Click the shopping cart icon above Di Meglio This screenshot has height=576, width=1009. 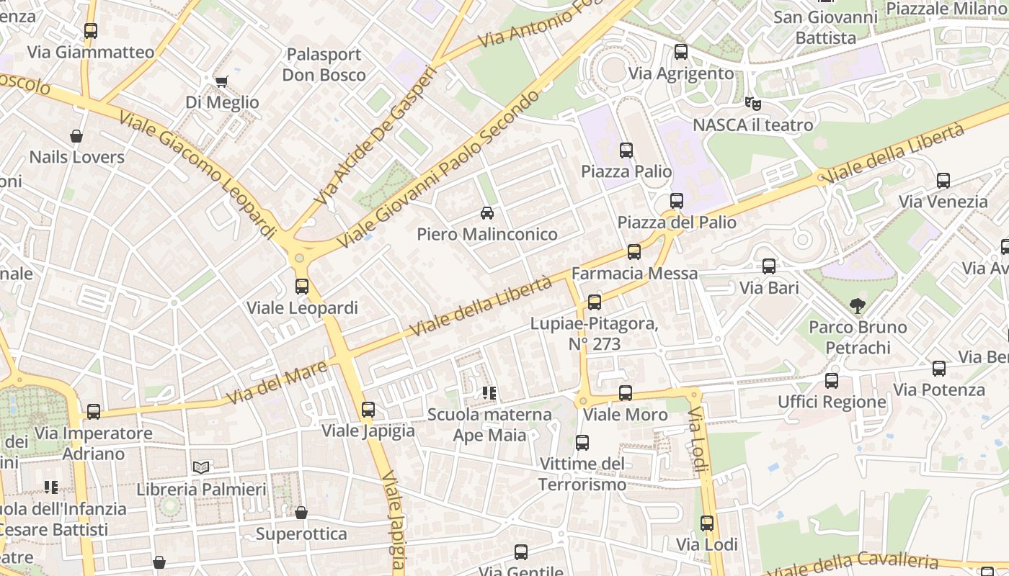pos(221,81)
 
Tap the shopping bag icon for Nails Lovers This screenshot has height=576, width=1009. pos(76,136)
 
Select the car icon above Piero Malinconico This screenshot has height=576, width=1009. pos(487,213)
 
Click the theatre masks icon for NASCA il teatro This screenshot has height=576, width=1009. pos(753,104)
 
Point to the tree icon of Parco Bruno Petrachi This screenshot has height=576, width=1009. pos(857,306)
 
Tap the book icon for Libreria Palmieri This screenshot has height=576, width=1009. pos(202,468)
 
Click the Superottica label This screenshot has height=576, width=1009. pos(301,534)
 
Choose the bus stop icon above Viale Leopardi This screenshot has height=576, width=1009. pos(302,287)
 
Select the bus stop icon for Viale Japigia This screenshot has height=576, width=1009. pos(368,410)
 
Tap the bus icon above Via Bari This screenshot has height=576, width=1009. pos(769,266)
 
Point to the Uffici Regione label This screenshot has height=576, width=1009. pos(832,402)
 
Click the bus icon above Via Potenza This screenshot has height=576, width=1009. pos(939,369)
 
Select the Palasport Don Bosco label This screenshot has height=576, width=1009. pos(324,65)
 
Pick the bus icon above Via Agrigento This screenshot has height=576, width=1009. pos(681,52)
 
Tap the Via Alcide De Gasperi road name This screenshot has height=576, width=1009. pos(376,135)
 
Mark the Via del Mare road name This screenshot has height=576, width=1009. pos(277,382)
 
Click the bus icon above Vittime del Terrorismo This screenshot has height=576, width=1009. pos(582,443)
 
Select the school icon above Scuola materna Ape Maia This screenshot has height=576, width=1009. pos(489,393)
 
